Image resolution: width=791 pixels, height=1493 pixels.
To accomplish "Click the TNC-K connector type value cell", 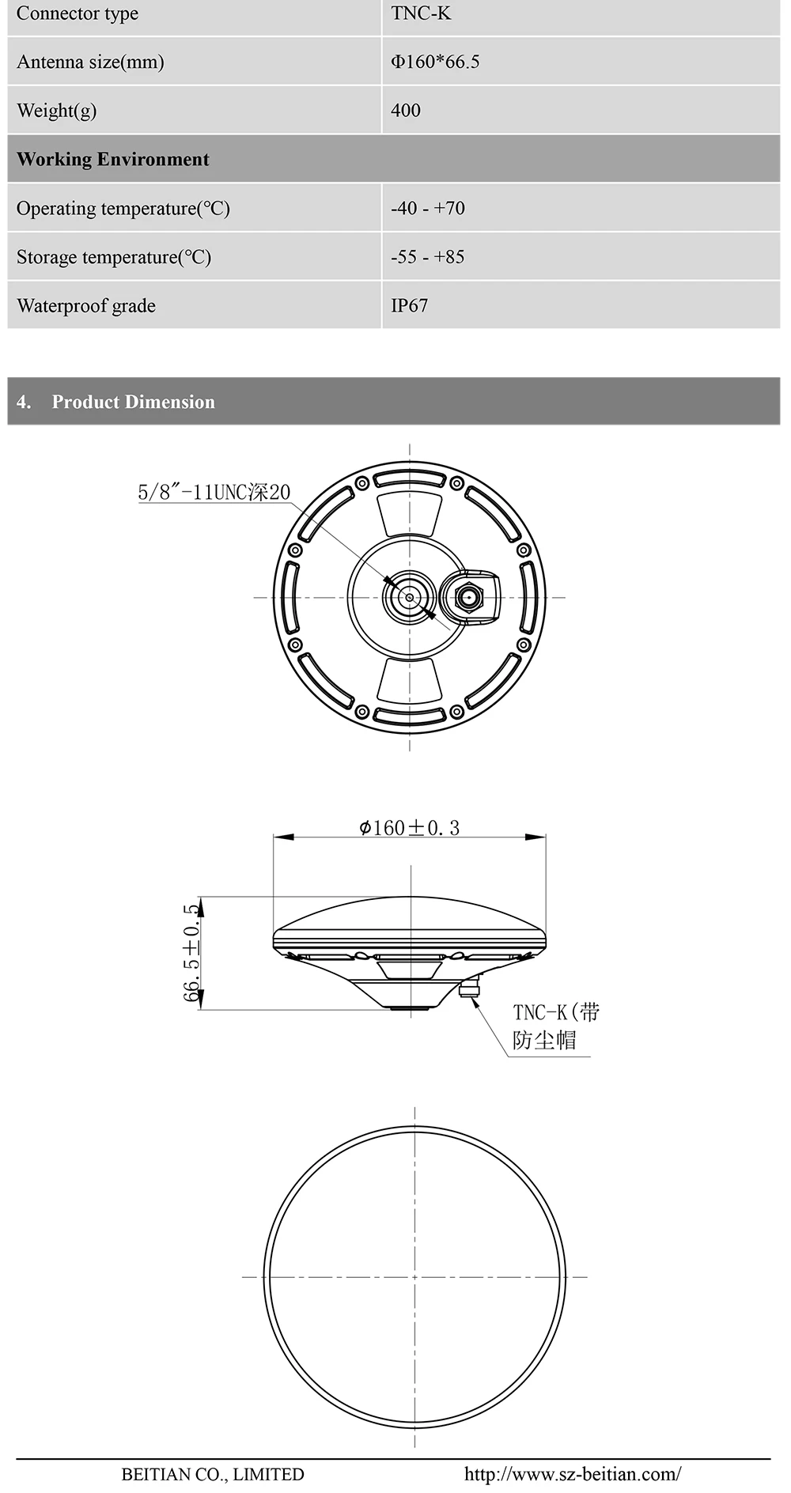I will (421, 13).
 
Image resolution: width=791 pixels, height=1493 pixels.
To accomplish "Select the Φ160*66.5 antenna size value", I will (435, 62).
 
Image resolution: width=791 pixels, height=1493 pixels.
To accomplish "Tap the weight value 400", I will (406, 111).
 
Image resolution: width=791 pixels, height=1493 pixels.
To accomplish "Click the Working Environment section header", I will (113, 159).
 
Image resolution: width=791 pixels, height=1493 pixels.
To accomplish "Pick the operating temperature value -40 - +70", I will (428, 208).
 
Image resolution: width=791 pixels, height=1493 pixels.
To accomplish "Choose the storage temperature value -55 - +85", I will (428, 257).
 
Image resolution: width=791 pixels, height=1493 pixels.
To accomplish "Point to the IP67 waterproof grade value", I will (409, 305).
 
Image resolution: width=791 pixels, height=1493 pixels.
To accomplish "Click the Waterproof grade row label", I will (86, 305).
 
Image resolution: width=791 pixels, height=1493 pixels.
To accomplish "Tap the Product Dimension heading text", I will (133, 402).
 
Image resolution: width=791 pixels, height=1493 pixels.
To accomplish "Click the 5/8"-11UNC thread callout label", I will (214, 492).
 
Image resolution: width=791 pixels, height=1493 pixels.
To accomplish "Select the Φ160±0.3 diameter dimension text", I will (409, 828).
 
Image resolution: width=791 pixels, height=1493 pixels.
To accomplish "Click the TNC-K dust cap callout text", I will (555, 1026).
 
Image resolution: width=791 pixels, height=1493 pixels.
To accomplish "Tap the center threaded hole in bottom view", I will (410, 597).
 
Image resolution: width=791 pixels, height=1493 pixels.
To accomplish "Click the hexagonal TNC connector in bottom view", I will (469, 597).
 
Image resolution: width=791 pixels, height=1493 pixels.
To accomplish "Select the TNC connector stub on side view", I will (470, 988).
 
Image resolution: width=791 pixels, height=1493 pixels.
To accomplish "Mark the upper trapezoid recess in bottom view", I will (409, 514).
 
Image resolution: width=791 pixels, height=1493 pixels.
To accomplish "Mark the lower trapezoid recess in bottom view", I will (409, 680).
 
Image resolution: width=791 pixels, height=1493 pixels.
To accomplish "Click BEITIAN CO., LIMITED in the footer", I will (213, 1474).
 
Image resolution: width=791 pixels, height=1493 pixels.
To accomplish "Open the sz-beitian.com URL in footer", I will (572, 1474).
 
